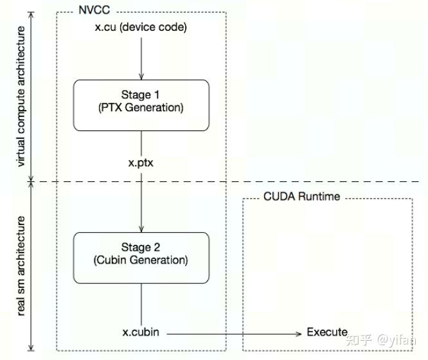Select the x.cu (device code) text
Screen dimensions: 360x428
pyautogui.click(x=141, y=27)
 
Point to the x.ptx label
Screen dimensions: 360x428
pyautogui.click(x=141, y=163)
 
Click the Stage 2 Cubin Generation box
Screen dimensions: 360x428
pyautogui.click(x=141, y=257)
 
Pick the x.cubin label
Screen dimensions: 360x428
pyautogui.click(x=141, y=332)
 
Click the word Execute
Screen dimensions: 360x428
pyautogui.click(x=327, y=332)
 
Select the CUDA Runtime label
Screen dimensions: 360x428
pyautogui.click(x=301, y=196)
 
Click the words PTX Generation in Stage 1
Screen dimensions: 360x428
pyautogui.click(x=141, y=108)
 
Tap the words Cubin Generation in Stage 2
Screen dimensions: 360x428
pyautogui.click(x=141, y=260)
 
